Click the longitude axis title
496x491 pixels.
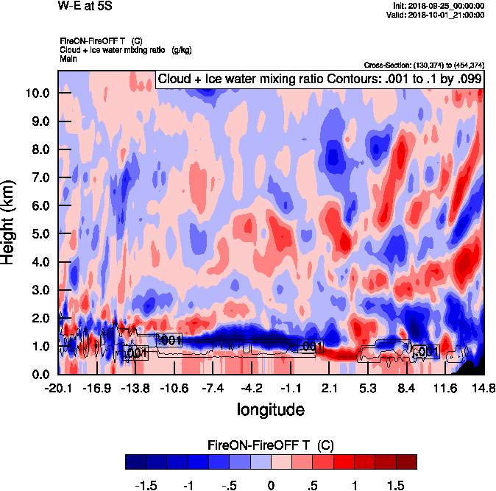(x=270, y=408)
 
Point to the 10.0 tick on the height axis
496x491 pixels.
(x=36, y=93)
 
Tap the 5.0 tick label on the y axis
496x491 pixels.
(x=39, y=234)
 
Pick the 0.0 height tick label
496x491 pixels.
(x=39, y=374)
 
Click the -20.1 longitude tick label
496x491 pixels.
(x=58, y=388)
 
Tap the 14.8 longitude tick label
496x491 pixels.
(x=483, y=388)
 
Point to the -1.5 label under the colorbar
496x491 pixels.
(x=148, y=486)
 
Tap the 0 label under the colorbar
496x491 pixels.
(x=271, y=486)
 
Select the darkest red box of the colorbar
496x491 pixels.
(x=406, y=462)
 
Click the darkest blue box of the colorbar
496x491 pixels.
(x=135, y=462)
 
